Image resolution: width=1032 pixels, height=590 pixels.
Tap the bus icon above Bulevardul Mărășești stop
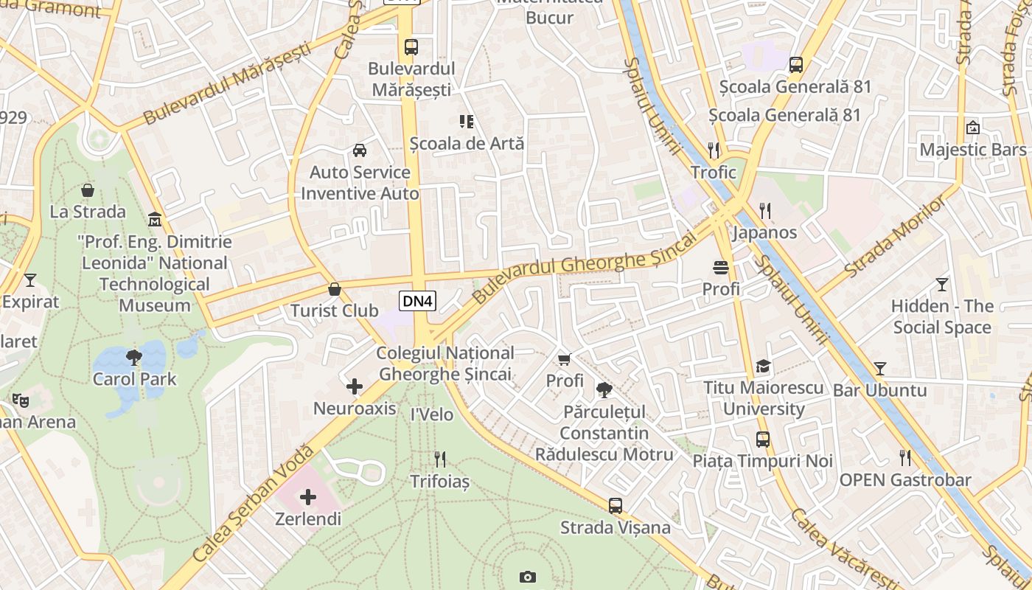click(411, 47)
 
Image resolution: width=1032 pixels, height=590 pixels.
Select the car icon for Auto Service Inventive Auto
click(360, 150)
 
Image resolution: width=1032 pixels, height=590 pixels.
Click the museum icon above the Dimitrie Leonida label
click(155, 220)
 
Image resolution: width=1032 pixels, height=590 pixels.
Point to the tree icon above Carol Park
click(134, 358)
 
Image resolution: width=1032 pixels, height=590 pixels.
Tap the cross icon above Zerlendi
click(308, 497)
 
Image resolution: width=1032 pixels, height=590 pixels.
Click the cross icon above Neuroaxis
click(355, 386)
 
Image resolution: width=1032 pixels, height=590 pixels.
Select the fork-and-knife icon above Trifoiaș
click(440, 459)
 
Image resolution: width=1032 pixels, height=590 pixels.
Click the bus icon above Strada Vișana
click(616, 506)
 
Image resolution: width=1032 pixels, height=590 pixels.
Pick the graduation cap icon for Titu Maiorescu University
click(763, 367)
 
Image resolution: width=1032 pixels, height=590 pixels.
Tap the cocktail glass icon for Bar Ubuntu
click(879, 368)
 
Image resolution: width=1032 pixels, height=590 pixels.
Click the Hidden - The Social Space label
click(942, 316)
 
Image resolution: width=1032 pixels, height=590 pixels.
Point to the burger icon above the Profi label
click(721, 267)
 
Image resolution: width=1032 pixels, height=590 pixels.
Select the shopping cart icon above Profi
click(565, 359)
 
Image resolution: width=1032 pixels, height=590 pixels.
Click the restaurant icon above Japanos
click(765, 211)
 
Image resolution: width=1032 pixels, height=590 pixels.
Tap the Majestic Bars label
click(972, 150)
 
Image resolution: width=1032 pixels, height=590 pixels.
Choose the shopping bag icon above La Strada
click(88, 190)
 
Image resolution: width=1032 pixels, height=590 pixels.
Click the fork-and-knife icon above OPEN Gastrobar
click(905, 458)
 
